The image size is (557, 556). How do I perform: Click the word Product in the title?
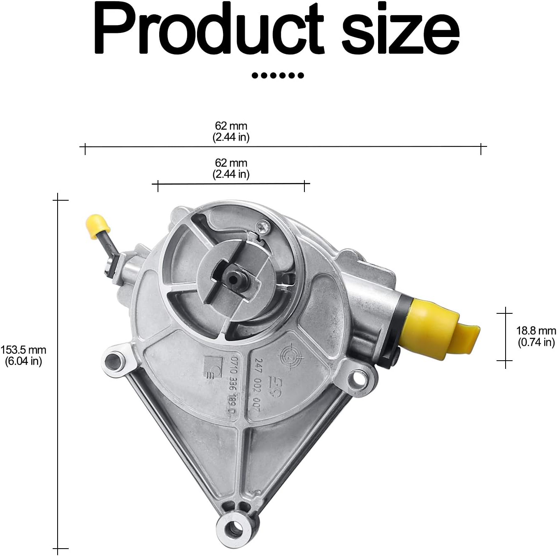[x=209, y=28]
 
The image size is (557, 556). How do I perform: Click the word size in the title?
[x=401, y=29]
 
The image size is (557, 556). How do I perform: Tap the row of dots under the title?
[x=278, y=75]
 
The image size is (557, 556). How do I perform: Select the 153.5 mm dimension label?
[x=23, y=355]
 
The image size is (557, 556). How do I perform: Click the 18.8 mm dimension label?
[x=536, y=336]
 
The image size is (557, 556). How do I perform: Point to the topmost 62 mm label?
[x=231, y=131]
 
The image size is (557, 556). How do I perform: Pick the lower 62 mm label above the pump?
[x=231, y=168]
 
